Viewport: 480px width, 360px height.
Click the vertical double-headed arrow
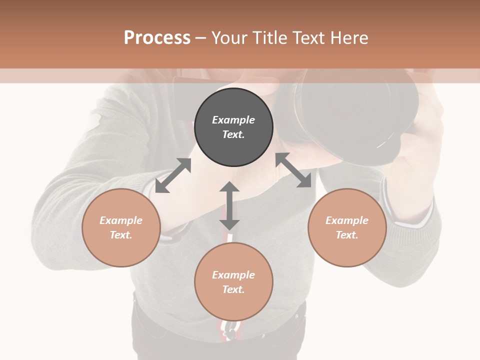point(229,205)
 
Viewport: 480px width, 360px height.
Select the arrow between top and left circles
point(173,175)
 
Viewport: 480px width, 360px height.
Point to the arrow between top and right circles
point(293,170)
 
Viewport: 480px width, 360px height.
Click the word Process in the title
point(157,37)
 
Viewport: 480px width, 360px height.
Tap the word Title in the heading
point(270,37)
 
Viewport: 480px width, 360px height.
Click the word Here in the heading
point(350,37)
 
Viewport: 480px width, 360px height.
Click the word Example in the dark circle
point(233,120)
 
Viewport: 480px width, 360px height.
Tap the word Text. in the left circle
point(121,235)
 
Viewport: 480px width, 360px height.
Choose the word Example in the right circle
point(347,220)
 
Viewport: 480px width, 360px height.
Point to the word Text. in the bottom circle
point(233,289)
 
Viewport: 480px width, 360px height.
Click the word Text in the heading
point(310,37)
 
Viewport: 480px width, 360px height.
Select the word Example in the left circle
point(121,220)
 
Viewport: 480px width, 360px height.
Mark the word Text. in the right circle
point(347,235)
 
